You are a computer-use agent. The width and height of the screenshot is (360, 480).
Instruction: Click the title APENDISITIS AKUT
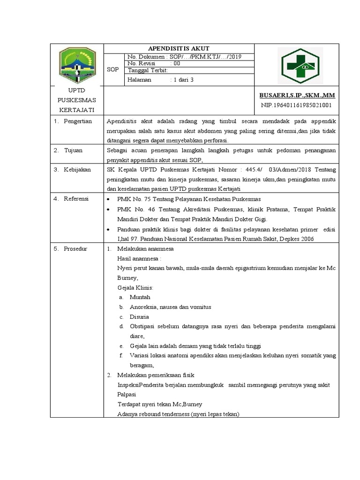pos(179,48)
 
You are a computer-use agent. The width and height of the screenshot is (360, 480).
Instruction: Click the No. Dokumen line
pos(184,57)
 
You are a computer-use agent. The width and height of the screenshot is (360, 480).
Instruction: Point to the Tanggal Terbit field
pos(145,70)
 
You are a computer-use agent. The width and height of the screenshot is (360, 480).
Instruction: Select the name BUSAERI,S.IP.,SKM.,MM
pos(298,95)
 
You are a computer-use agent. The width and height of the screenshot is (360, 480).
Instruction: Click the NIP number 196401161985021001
pos(296,105)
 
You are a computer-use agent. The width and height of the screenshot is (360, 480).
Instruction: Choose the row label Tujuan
pos(74,150)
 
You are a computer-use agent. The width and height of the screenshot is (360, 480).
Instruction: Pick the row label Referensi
pos(76,199)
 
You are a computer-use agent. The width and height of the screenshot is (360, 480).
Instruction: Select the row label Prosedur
pos(76,248)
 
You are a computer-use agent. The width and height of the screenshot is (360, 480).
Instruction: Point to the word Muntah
pos(140,297)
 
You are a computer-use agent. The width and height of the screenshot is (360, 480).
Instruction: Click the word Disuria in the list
pos(139,317)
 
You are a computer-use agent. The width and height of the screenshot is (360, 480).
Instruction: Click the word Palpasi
pos(127,395)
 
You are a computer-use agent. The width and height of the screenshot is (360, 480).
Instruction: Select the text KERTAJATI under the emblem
pos(76,110)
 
